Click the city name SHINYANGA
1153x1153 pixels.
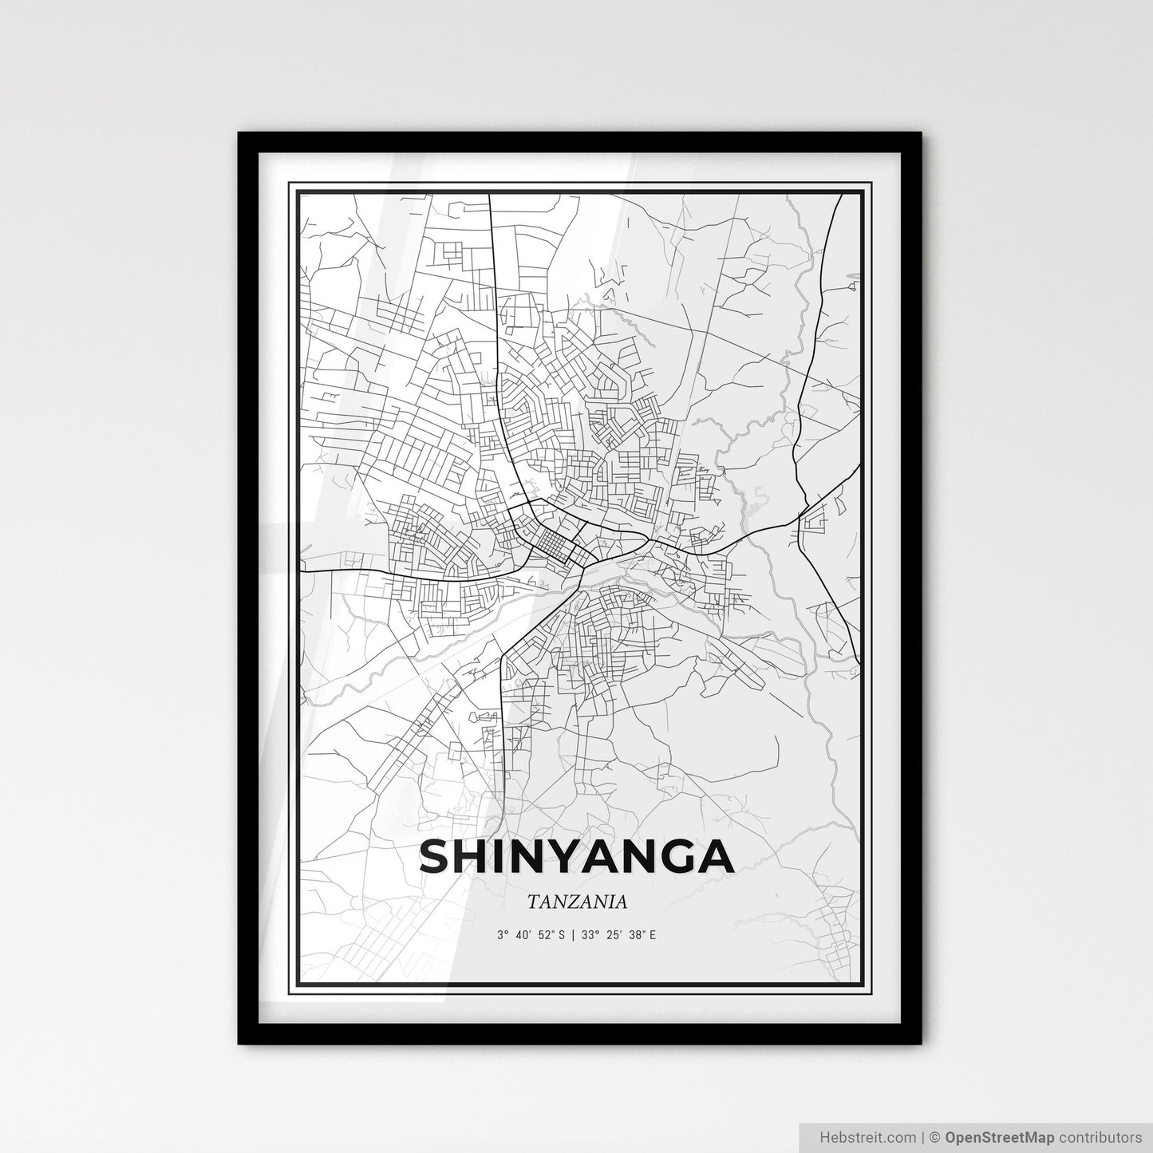[x=575, y=857]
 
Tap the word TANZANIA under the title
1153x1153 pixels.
[x=576, y=902]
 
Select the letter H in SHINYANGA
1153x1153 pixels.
[x=478, y=857]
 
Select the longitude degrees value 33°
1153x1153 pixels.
[x=588, y=934]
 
